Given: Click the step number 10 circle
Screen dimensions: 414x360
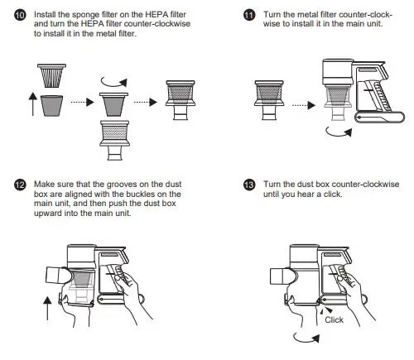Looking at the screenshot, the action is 20,15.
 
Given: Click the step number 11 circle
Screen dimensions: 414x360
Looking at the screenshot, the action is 249,15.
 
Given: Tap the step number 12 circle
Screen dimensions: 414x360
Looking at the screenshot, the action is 20,185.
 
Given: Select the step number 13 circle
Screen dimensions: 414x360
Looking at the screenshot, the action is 249,185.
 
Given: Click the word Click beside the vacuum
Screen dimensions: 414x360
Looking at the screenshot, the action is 334,319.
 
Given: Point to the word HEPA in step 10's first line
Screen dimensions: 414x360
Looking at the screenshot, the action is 155,14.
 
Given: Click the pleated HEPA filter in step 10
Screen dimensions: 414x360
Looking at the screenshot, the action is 52,75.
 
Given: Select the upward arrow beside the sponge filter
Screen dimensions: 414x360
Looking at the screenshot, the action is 33,104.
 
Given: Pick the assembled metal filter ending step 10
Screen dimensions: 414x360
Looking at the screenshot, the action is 181,100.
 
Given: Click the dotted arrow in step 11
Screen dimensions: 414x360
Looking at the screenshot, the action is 304,105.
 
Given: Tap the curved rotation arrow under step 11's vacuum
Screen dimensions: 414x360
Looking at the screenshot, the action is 338,134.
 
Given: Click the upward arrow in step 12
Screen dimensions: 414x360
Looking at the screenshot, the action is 47,309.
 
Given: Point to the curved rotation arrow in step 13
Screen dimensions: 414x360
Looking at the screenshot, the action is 306,340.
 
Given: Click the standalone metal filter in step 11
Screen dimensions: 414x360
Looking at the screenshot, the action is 269,100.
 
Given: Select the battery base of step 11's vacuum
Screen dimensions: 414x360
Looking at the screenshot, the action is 379,117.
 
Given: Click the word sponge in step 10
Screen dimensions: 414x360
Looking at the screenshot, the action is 85,15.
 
